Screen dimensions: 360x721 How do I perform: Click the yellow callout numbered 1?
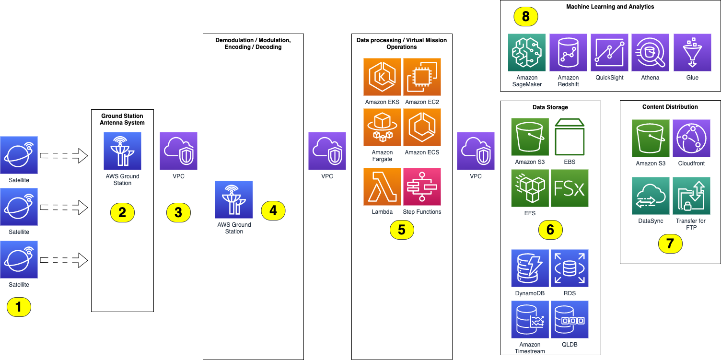[x=19, y=307]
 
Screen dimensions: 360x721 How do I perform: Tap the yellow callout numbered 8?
[x=526, y=17]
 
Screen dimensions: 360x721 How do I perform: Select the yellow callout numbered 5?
[x=402, y=230]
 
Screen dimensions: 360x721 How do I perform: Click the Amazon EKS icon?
[x=382, y=77]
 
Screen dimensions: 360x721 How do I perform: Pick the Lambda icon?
[x=382, y=186]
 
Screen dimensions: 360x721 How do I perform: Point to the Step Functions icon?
[x=422, y=186]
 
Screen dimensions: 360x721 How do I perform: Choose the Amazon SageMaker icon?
[x=527, y=52]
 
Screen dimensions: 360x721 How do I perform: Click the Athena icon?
[x=650, y=52]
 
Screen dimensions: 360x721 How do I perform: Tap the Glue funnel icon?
[x=692, y=52]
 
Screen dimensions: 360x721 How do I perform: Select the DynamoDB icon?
[x=530, y=268]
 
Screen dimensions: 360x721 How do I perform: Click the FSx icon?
[x=570, y=188]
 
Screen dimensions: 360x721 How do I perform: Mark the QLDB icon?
[x=570, y=320]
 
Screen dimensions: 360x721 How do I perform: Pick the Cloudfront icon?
[x=691, y=138]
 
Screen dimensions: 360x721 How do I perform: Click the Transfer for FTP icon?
[x=691, y=196]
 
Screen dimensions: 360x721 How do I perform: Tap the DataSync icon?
[x=651, y=196]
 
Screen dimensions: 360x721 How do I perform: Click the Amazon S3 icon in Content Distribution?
[x=651, y=138]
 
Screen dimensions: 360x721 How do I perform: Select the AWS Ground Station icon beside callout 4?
[x=234, y=199]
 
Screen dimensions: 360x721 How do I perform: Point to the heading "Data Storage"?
[x=550, y=107]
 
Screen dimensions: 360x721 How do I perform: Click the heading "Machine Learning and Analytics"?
[x=610, y=7]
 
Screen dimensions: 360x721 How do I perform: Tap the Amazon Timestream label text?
[x=530, y=348]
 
